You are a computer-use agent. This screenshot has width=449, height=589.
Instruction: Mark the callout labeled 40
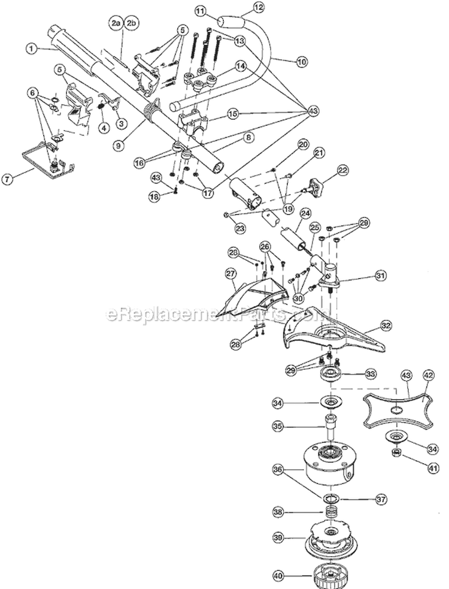(x=277, y=576)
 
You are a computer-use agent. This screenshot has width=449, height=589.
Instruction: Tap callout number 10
(x=301, y=61)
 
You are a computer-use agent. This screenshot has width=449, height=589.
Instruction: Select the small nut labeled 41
(x=395, y=451)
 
